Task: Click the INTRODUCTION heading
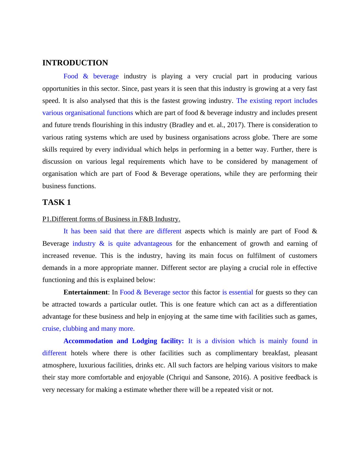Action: [x=75, y=63]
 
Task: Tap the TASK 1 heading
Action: [x=57, y=202]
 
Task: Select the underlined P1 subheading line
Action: [x=111, y=219]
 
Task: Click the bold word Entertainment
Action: [x=85, y=292]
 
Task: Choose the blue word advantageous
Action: [x=153, y=244]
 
